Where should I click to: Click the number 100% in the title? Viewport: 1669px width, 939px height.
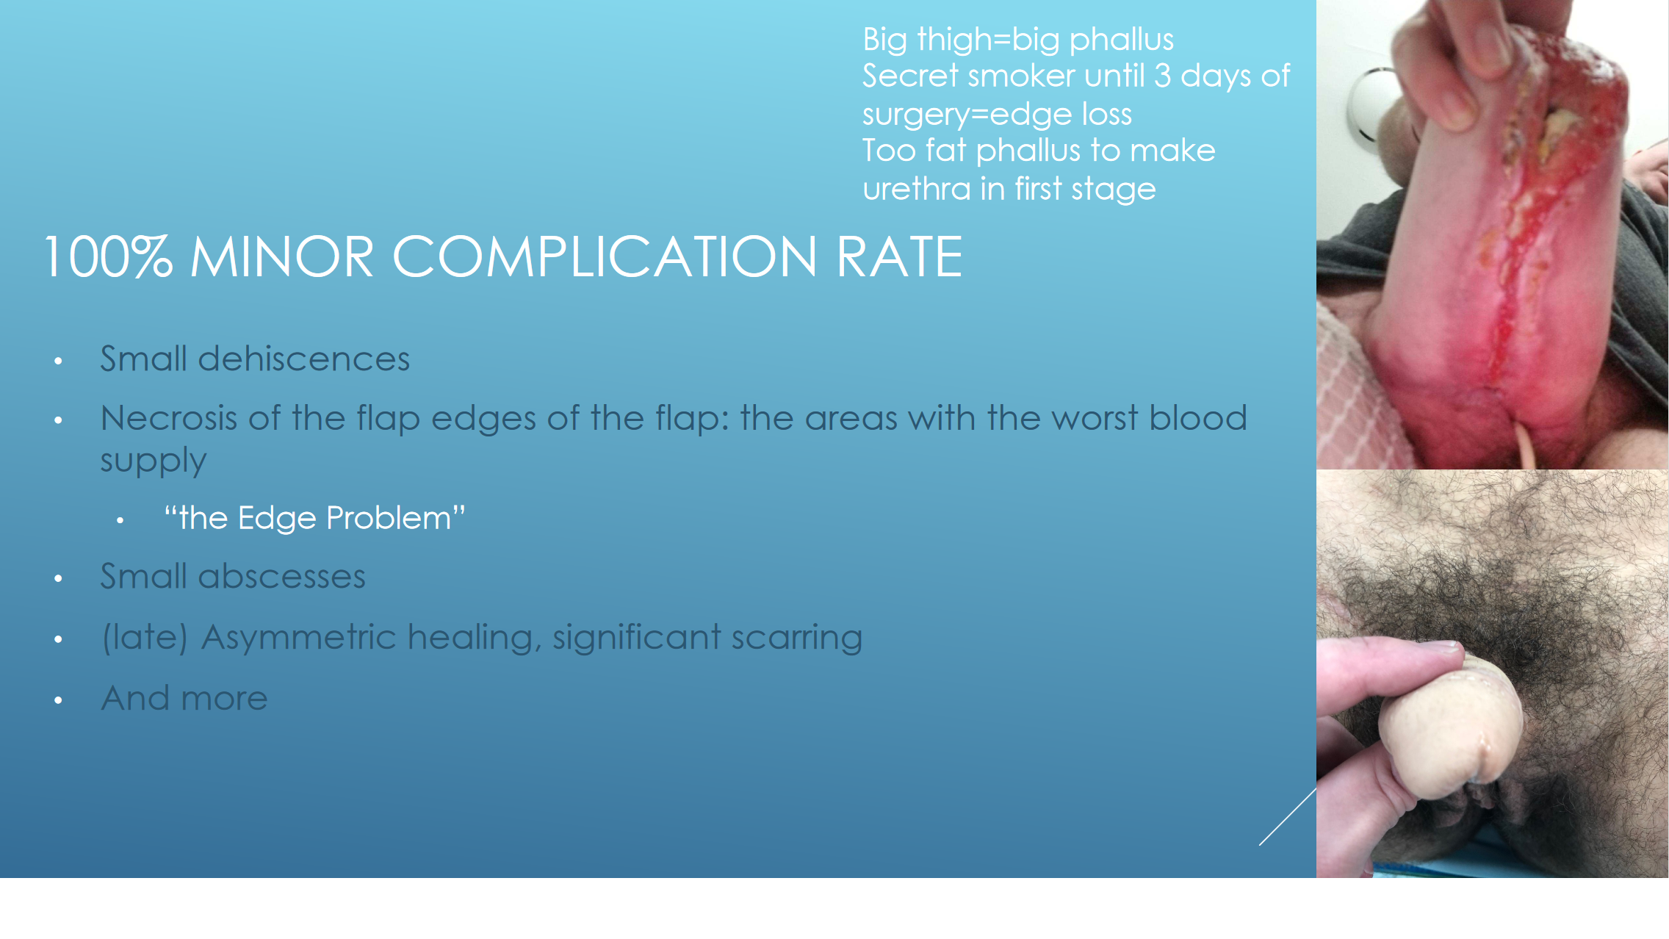(x=109, y=256)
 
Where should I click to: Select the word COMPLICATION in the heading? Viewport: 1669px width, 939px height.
(x=605, y=256)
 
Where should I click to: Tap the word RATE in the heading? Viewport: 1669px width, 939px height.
(x=899, y=256)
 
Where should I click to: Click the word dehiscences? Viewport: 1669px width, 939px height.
(x=303, y=359)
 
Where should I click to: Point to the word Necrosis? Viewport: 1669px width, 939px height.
(x=169, y=418)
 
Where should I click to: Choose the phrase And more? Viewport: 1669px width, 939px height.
(x=184, y=698)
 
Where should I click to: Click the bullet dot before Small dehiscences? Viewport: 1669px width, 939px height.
(x=58, y=361)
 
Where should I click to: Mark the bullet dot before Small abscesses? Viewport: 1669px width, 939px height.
(x=58, y=579)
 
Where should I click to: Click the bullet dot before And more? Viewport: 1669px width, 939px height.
(x=58, y=700)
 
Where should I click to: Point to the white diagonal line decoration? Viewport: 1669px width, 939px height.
(x=1288, y=816)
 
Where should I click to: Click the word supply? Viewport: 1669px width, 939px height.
(x=154, y=461)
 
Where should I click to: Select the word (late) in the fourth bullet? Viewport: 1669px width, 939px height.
(x=145, y=637)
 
